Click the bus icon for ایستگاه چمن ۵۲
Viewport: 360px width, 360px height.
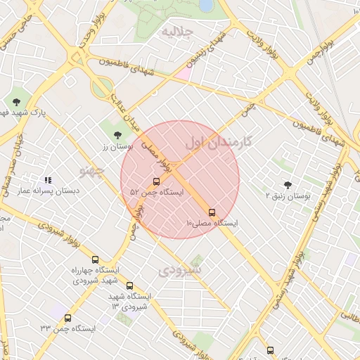tap(156, 181)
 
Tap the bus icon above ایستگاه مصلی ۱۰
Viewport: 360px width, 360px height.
tap(212, 212)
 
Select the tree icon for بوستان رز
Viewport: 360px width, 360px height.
tap(117, 134)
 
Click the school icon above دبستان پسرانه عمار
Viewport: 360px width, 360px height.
tap(48, 181)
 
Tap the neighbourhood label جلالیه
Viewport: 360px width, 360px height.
tap(178, 32)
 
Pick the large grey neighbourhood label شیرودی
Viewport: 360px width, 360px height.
tap(179, 269)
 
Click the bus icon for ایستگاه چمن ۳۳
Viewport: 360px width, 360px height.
tap(67, 318)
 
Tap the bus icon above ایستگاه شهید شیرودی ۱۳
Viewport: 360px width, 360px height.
tap(129, 285)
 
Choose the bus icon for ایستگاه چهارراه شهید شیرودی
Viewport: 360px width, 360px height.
tap(96, 259)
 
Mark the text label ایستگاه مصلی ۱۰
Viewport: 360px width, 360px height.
tap(212, 224)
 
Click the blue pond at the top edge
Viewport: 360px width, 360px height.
tap(206, 5)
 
